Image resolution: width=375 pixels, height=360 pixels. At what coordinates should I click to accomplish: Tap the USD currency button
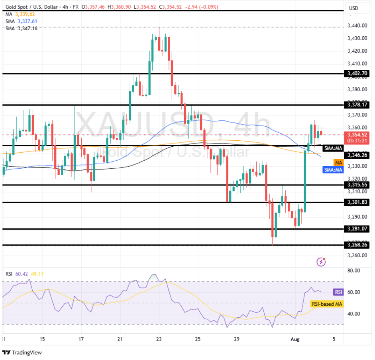pyautogui.click(x=353, y=8)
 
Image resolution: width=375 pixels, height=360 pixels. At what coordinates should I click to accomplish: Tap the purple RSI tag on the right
pyautogui.click(x=338, y=292)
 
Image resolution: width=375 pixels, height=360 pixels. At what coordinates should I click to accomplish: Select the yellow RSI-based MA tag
pyautogui.click(x=326, y=304)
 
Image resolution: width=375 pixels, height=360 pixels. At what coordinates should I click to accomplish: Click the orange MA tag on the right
pyautogui.click(x=338, y=163)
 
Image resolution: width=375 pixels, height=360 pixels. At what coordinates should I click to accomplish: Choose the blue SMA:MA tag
pyautogui.click(x=333, y=170)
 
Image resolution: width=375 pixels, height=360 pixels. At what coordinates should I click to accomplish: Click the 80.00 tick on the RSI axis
pyautogui.click(x=353, y=271)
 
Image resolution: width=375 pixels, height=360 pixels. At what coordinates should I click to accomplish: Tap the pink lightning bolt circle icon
pyautogui.click(x=321, y=262)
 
